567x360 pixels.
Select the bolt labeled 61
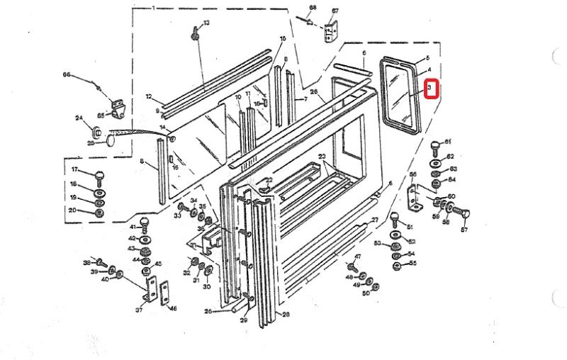tap(433, 145)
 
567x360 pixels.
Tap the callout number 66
tap(67, 74)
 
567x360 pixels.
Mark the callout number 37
tap(138, 309)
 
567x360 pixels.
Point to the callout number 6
tap(364, 53)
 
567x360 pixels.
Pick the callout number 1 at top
tap(154, 7)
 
